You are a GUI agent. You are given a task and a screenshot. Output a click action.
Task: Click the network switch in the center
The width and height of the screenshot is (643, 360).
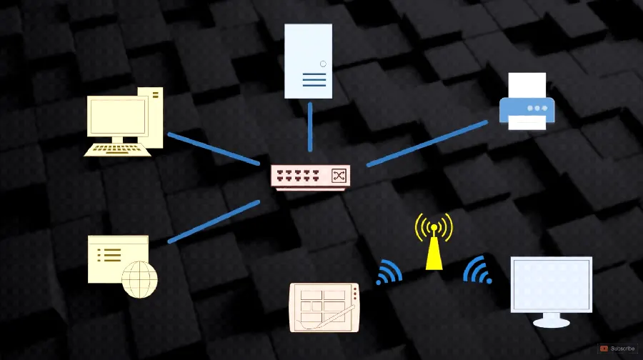click(311, 178)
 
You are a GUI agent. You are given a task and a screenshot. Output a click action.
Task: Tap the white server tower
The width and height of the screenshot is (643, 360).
click(309, 61)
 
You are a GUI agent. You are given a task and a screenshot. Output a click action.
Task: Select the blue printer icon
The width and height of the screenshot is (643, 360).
click(527, 101)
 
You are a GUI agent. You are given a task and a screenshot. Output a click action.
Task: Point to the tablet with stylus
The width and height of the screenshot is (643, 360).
click(324, 307)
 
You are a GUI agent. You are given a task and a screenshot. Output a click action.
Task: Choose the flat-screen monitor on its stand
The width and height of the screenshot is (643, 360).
click(551, 291)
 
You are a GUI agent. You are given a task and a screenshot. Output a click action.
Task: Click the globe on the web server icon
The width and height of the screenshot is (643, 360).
click(139, 279)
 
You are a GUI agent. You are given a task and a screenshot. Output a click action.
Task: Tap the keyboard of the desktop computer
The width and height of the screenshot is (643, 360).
click(117, 150)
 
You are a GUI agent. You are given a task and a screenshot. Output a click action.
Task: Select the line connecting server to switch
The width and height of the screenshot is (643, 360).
click(310, 126)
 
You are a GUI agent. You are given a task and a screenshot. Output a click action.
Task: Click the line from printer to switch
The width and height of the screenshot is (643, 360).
click(427, 144)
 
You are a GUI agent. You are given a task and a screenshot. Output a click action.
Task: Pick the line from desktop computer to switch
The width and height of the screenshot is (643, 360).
click(214, 149)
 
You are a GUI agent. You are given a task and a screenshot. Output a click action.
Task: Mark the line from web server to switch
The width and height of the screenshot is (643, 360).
click(214, 222)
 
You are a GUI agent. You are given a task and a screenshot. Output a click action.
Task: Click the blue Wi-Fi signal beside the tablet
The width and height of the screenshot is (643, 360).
click(389, 272)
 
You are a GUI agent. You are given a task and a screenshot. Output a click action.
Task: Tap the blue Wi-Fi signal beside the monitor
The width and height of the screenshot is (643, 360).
click(478, 270)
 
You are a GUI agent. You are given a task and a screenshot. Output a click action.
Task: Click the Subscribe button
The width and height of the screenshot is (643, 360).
click(619, 349)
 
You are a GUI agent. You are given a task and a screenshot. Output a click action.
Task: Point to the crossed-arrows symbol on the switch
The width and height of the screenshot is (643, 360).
click(339, 176)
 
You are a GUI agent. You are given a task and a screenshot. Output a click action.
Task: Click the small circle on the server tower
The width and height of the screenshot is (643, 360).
click(323, 64)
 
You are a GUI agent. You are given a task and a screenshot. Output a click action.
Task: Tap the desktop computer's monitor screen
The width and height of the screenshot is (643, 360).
click(118, 117)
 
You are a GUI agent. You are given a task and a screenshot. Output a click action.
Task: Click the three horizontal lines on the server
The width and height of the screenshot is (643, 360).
click(314, 79)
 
